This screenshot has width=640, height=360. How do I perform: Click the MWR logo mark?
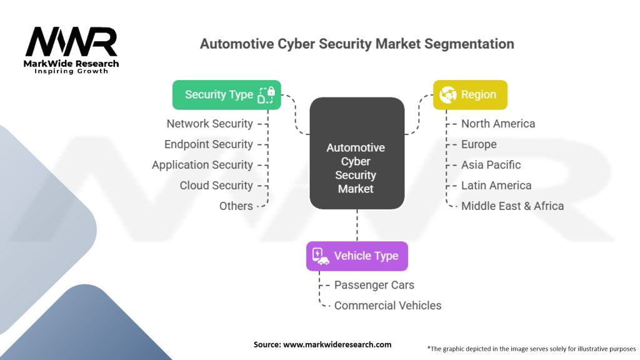coord(71,41)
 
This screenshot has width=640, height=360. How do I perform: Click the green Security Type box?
coord(226,95)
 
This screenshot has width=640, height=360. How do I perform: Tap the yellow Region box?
coord(470,95)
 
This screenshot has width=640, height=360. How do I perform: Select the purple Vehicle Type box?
coord(357,256)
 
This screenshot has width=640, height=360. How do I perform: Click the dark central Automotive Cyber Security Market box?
coord(357,153)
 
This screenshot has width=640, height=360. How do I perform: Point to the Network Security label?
coord(210,124)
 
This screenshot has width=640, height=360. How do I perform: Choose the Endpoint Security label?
coord(209,144)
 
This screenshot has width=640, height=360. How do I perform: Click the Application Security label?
coord(202,165)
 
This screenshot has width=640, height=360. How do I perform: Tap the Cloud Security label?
coord(216,185)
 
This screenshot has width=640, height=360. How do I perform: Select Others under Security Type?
coord(236,206)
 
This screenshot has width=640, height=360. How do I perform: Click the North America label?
coord(498,124)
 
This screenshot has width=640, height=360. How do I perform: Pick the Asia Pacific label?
coord(491,165)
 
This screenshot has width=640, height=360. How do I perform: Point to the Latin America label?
coord(496,185)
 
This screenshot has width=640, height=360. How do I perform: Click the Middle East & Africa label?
coord(512,206)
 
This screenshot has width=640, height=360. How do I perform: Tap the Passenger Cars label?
coord(374,285)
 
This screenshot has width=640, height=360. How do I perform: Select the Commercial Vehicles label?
coord(387,306)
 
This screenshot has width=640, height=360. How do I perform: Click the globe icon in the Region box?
coord(447,95)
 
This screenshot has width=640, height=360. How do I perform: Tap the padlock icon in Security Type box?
coord(271,91)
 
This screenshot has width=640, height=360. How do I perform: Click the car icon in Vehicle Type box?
coord(323,261)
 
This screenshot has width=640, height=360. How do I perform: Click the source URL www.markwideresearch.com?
coord(337,344)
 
